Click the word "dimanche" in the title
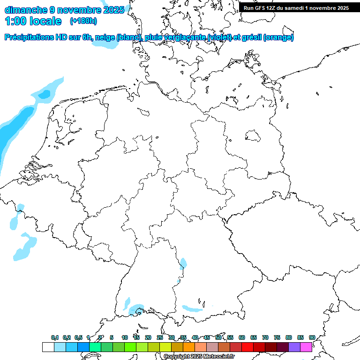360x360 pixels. click(x=25, y=10)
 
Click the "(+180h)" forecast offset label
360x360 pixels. click(x=83, y=21)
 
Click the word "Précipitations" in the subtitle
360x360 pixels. click(x=31, y=37)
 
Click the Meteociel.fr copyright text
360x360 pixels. click(x=199, y=357)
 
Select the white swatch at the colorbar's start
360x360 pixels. click(x=48, y=347)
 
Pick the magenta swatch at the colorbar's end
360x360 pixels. click(x=306, y=347)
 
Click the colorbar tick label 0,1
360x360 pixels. click(x=55, y=337)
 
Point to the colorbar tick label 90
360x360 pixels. click(x=312, y=337)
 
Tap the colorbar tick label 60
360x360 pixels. click(x=242, y=337)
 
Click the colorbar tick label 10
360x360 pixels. click(x=125, y=337)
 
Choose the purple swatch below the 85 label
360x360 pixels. click(x=294, y=347)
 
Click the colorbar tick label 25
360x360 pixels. click(x=160, y=337)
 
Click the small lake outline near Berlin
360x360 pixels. click(x=254, y=136)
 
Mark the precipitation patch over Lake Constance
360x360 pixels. click(x=137, y=309)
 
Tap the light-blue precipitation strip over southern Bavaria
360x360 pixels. click(x=192, y=309)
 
